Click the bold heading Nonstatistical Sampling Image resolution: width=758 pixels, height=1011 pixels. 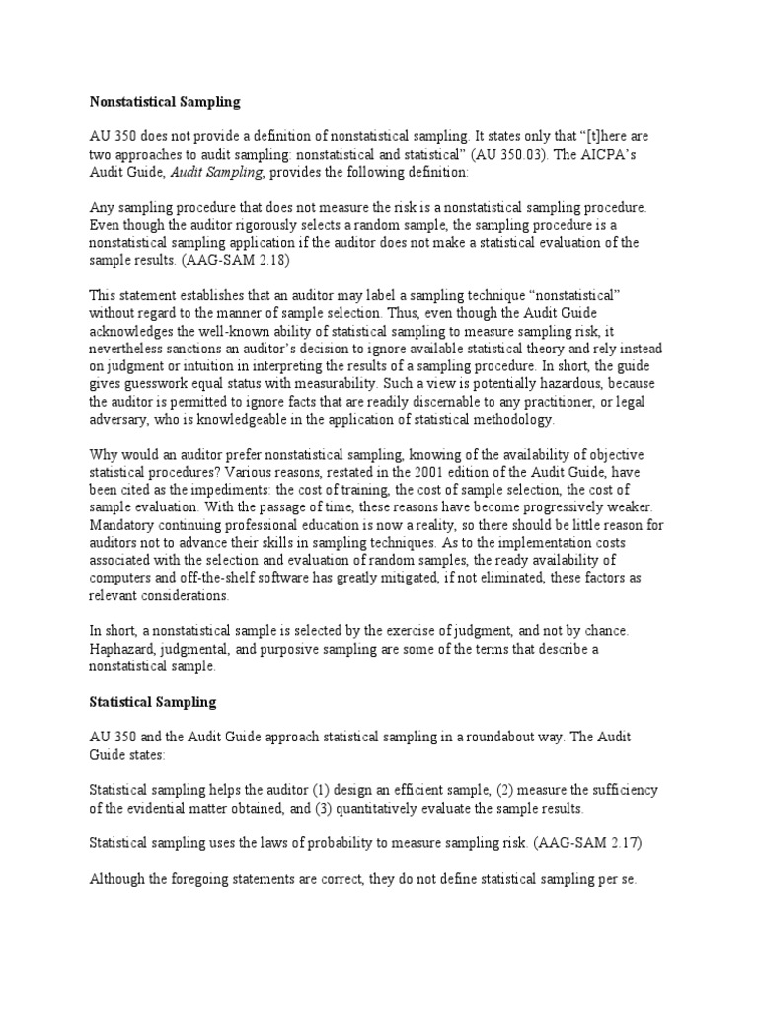[x=165, y=101]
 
